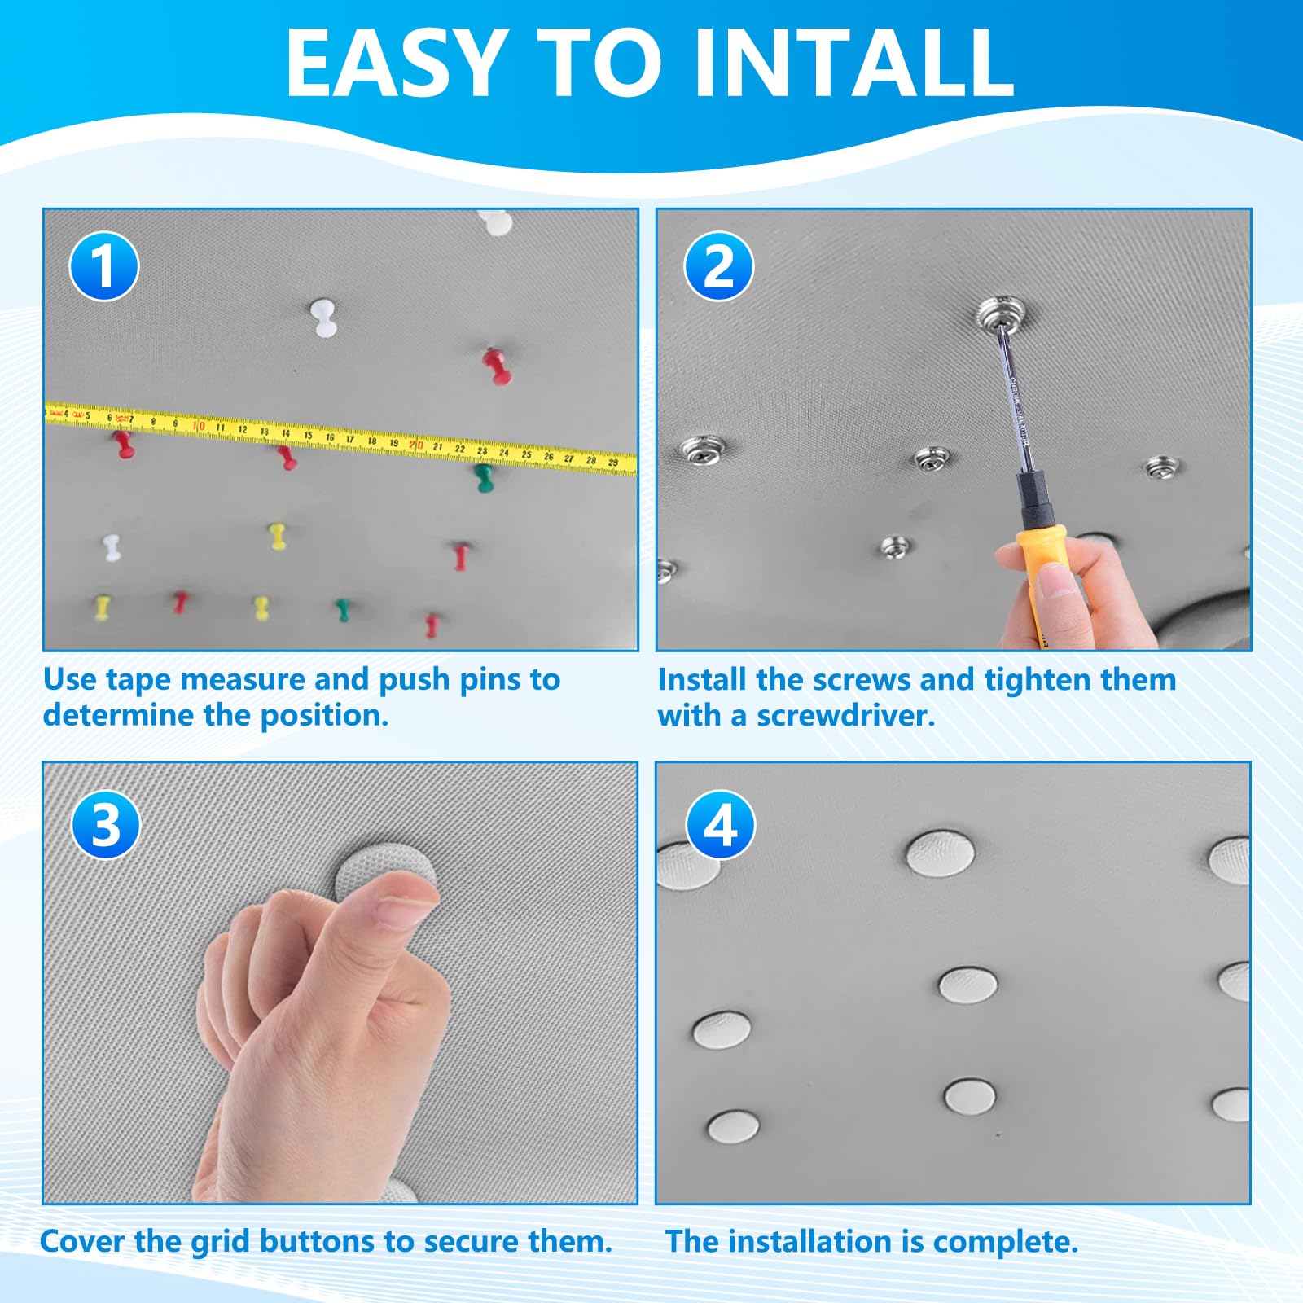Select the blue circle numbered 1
pos(103,266)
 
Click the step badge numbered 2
pos(718,266)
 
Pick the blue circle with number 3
pos(106,824)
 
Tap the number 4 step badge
pos(721,824)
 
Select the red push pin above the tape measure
pos(496,366)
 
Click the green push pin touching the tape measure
pos(484,478)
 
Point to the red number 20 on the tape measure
pos(415,445)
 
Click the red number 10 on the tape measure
pos(198,426)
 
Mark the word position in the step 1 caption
pos(324,716)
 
